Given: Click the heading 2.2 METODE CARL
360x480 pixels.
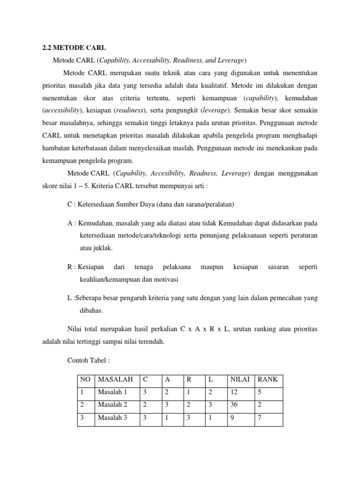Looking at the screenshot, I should pyautogui.click(x=72, y=48).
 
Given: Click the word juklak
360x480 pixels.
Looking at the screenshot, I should pyautogui.click(x=102, y=248).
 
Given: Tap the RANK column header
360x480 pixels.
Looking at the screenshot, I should pyautogui.click(x=268, y=379).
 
